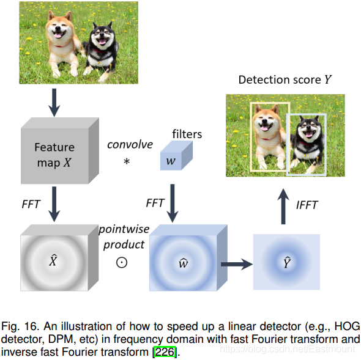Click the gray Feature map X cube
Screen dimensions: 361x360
(60, 151)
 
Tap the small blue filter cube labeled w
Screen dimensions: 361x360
(176, 155)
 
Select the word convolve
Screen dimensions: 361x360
(130, 144)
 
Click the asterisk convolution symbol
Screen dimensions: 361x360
(127, 161)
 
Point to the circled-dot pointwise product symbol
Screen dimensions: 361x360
(122, 262)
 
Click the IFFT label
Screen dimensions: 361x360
(307, 205)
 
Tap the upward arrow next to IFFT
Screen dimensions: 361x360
(283, 207)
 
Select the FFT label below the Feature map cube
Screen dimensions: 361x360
(31, 204)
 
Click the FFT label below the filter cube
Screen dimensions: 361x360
(155, 203)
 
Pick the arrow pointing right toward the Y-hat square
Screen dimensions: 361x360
(237, 264)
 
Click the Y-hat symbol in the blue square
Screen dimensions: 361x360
(287, 262)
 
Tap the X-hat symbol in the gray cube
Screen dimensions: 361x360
(53, 260)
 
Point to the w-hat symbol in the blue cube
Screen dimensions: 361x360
(184, 263)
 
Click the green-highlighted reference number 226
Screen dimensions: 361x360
(165, 351)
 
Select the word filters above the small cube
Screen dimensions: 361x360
(187, 134)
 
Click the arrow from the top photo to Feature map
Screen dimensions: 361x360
(54, 103)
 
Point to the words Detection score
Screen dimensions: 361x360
(280, 80)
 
